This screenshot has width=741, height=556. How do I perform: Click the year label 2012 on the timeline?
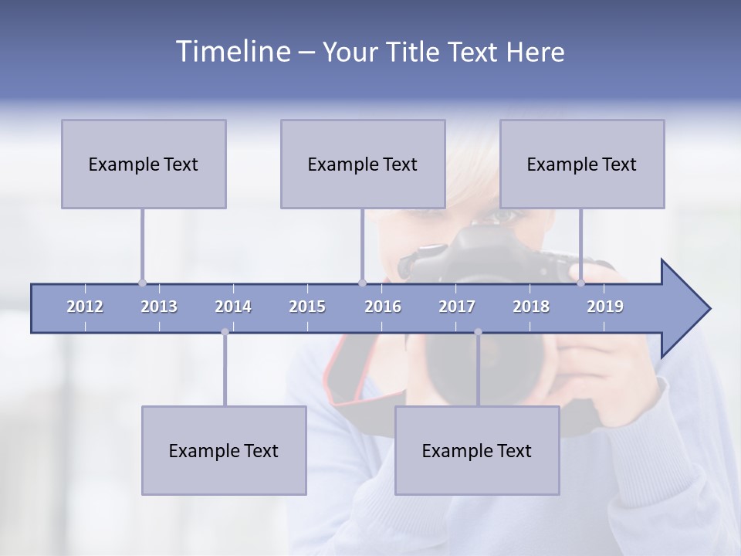point(85,307)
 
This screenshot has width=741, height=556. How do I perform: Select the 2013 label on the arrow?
point(159,307)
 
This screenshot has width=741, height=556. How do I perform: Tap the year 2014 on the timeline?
point(233,307)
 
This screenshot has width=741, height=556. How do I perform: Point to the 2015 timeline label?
point(307,307)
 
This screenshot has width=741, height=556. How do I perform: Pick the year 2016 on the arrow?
point(383,307)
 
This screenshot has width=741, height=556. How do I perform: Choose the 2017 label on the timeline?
point(457,307)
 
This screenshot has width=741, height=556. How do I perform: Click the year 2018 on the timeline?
point(531,307)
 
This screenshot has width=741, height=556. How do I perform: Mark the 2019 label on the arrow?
point(605,307)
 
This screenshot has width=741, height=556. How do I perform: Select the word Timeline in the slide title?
point(232,52)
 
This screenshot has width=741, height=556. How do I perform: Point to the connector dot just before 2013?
point(142,283)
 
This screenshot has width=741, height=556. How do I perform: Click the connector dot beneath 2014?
point(225,332)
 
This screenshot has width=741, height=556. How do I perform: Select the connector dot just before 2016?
point(362,283)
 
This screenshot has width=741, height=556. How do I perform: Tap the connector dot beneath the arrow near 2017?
point(478,332)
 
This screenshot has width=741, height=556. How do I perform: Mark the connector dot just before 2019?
point(581,283)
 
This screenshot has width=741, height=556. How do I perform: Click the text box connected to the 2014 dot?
point(224,450)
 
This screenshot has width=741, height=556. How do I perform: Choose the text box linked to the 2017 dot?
point(477,450)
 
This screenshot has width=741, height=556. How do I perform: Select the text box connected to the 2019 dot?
point(582,164)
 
